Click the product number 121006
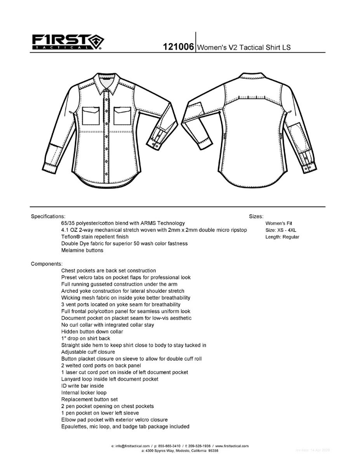178,47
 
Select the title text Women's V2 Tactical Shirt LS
244,47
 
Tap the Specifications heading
48,216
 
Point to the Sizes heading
256,216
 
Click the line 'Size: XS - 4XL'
281,230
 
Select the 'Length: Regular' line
282,237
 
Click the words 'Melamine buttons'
82,250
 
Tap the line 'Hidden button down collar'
92,332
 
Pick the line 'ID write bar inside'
82,386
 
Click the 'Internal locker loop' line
84,393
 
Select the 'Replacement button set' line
90,399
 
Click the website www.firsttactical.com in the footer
232,446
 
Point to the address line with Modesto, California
180,451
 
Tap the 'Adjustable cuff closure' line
88,352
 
